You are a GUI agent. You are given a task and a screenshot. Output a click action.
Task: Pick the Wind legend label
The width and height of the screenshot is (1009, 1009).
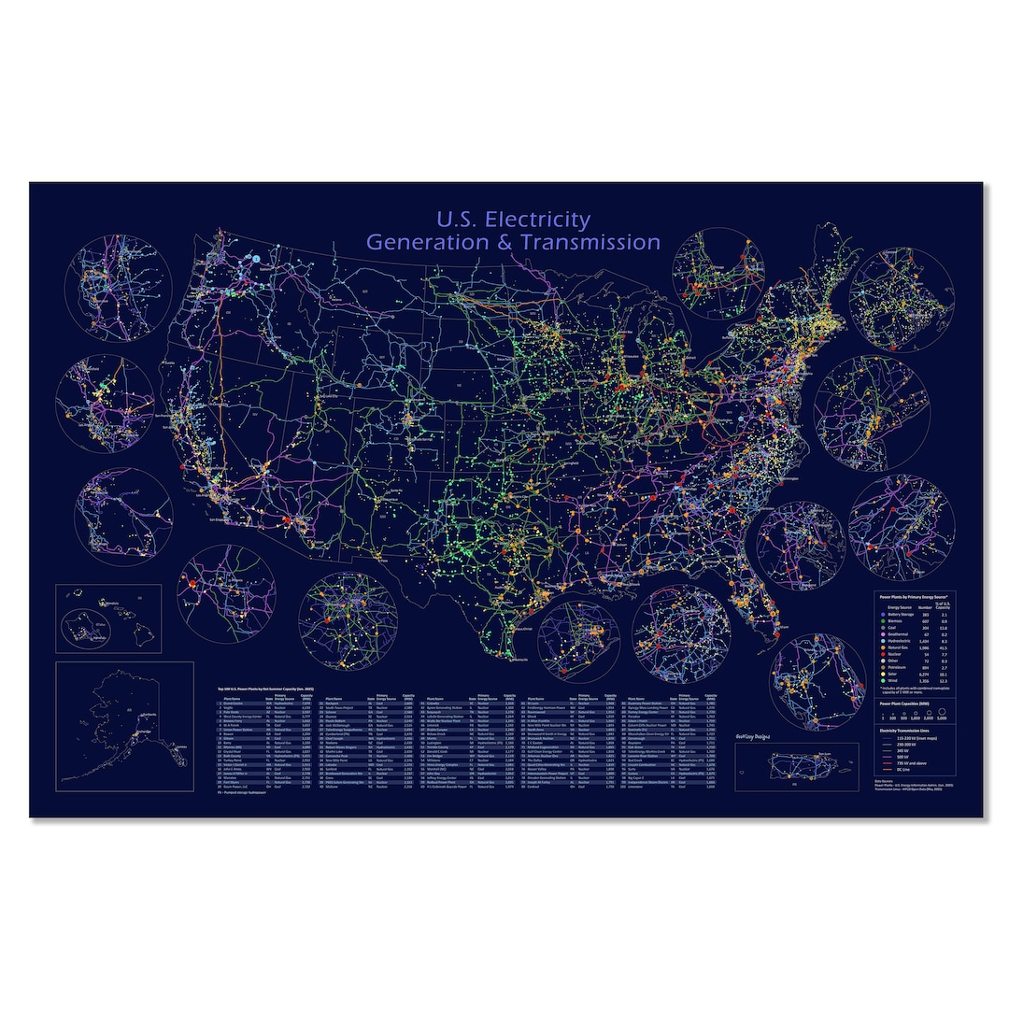pyautogui.click(x=894, y=681)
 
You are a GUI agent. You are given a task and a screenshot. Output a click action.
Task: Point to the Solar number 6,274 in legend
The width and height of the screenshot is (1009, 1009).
pyautogui.click(x=926, y=675)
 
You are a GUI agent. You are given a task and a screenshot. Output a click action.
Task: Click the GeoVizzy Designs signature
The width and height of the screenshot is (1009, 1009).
pyautogui.click(x=763, y=735)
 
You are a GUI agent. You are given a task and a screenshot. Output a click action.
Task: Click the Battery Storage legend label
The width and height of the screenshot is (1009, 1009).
pyautogui.click(x=901, y=614)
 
